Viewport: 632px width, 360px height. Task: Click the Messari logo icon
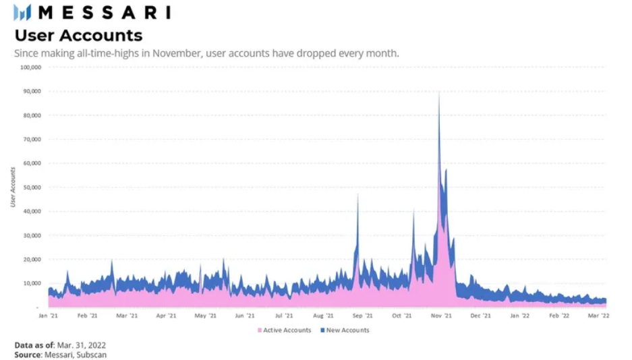[x=22, y=12]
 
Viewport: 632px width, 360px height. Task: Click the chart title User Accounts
[x=78, y=35]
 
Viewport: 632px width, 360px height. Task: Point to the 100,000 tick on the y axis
[x=31, y=67]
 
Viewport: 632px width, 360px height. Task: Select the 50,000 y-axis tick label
[x=32, y=187]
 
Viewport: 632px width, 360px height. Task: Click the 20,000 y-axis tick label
[x=32, y=260]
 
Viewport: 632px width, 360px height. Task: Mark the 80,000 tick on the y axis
[x=32, y=115]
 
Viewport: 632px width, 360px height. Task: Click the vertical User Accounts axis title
[x=13, y=187]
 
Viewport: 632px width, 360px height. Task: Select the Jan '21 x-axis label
[x=47, y=315]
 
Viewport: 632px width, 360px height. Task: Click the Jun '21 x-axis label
[x=244, y=315]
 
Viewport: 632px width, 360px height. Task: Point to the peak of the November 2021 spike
[x=439, y=92]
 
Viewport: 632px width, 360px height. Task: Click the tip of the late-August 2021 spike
[x=357, y=194]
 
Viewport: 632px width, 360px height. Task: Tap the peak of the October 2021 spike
[x=413, y=210]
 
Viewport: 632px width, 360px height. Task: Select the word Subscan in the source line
[x=92, y=355]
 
